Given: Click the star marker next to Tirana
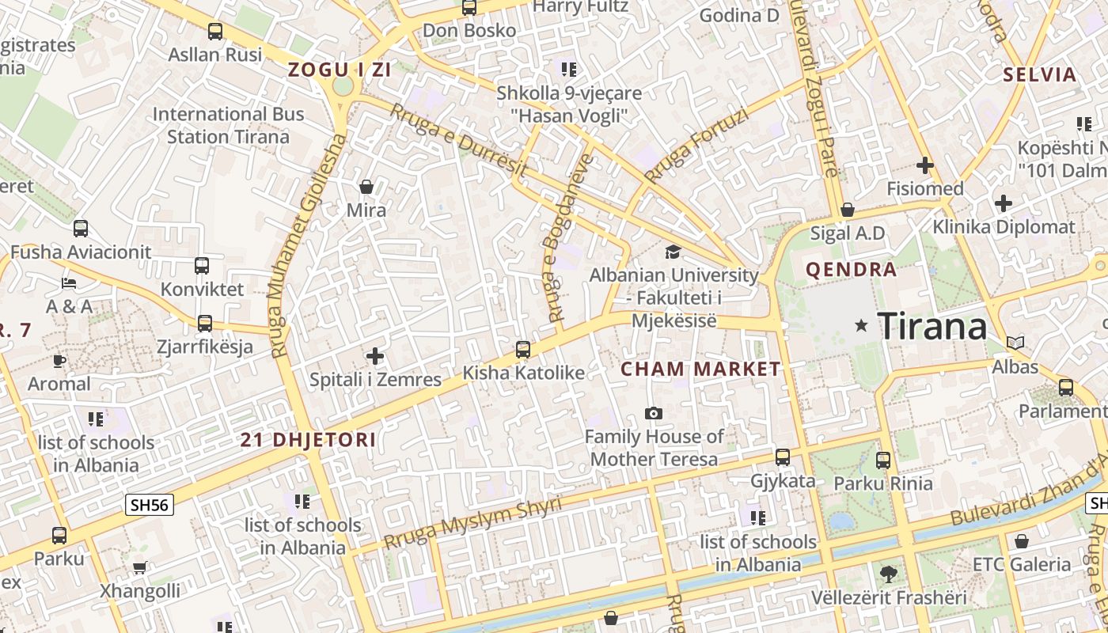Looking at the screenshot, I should (x=862, y=325).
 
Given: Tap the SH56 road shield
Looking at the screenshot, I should (x=149, y=505).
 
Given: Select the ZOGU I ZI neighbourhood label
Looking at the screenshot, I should (x=340, y=70).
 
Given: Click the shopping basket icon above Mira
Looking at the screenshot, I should (x=366, y=187).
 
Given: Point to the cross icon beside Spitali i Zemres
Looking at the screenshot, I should (x=375, y=356).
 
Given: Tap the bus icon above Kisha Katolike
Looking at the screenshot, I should (x=522, y=349).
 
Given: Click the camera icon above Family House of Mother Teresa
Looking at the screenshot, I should (x=653, y=413).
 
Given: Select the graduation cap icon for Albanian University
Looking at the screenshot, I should (x=673, y=252).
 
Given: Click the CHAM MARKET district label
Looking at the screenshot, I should (x=700, y=370).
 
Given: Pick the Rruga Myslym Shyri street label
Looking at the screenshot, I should (x=472, y=523).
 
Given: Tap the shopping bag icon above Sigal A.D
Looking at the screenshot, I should (x=848, y=210).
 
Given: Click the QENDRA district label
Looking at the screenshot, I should (x=851, y=270).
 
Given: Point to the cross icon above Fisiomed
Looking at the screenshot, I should (x=924, y=165).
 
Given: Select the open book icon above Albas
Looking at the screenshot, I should (x=1015, y=343).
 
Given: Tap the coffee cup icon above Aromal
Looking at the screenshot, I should (x=59, y=361).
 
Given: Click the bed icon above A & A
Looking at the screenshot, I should (x=69, y=282).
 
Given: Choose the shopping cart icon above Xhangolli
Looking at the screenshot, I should (x=139, y=567).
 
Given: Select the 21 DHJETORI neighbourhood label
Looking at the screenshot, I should (x=308, y=440).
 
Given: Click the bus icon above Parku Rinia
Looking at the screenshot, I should (x=883, y=459).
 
